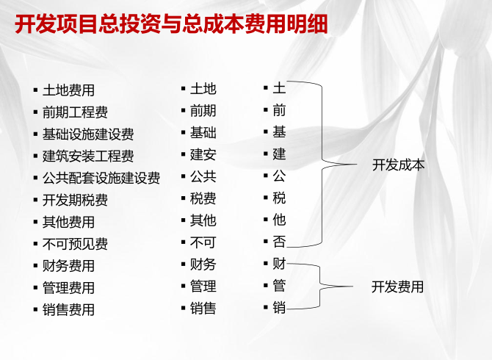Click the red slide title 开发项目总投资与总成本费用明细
tap(171, 24)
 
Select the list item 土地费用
tap(69, 90)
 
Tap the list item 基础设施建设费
tap(88, 134)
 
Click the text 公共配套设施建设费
tap(101, 178)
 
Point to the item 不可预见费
tap(76, 244)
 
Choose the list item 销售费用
tap(69, 310)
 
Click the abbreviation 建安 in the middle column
tap(203, 155)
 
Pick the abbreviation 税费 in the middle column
tap(203, 198)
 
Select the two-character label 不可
tap(203, 242)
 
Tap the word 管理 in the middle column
tap(203, 287)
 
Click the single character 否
tap(279, 242)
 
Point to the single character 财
tap(279, 264)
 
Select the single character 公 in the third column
tap(279, 176)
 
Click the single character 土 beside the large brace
tap(279, 88)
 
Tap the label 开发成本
tap(398, 165)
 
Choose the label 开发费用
tap(397, 287)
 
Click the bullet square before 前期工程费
tap(35, 112)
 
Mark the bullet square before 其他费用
tap(35, 222)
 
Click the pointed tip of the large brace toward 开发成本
tap(357, 164)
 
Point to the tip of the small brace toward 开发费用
tap(352, 287)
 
